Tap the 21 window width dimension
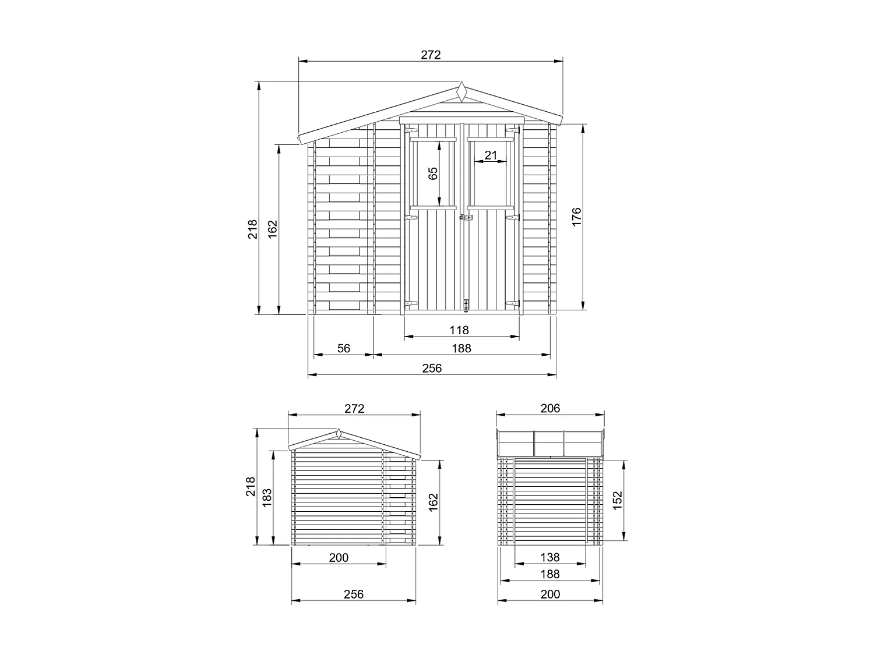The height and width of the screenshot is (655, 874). pyautogui.click(x=491, y=155)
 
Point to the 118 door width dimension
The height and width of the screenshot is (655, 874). pyautogui.click(x=459, y=330)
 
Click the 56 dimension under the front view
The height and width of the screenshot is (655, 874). pyautogui.click(x=344, y=348)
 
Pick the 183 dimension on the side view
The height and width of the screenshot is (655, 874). pyautogui.click(x=267, y=498)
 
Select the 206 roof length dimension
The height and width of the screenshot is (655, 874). pyautogui.click(x=550, y=408)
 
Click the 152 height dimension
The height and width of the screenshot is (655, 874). pyautogui.click(x=618, y=500)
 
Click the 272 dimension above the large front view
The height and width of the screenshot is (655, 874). pyautogui.click(x=431, y=55)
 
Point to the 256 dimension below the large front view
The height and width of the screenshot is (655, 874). pyautogui.click(x=432, y=368)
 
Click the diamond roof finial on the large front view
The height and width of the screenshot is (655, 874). pyautogui.click(x=461, y=93)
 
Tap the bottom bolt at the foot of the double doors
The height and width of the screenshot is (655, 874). pyautogui.click(x=465, y=305)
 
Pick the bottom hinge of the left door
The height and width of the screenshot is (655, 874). pyautogui.click(x=411, y=303)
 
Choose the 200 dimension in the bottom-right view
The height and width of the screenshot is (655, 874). pyautogui.click(x=550, y=594)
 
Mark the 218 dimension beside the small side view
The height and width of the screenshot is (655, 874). pyautogui.click(x=251, y=487)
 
